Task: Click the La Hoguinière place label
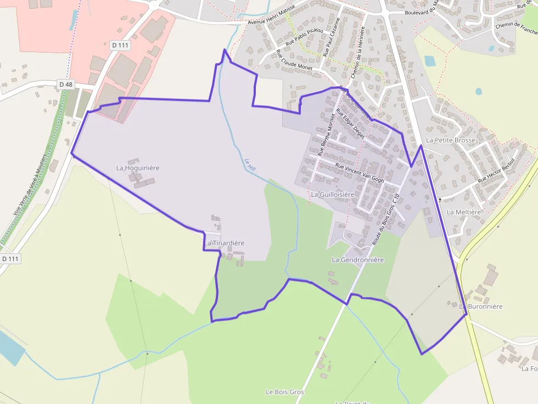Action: [138, 168]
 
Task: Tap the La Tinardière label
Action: [225, 243]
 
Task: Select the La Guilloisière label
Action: [333, 195]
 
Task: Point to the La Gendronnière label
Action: [358, 260]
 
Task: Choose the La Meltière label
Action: [464, 212]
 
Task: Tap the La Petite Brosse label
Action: [450, 140]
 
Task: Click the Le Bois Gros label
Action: [285, 392]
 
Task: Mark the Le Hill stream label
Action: [250, 164]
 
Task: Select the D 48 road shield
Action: [66, 84]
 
